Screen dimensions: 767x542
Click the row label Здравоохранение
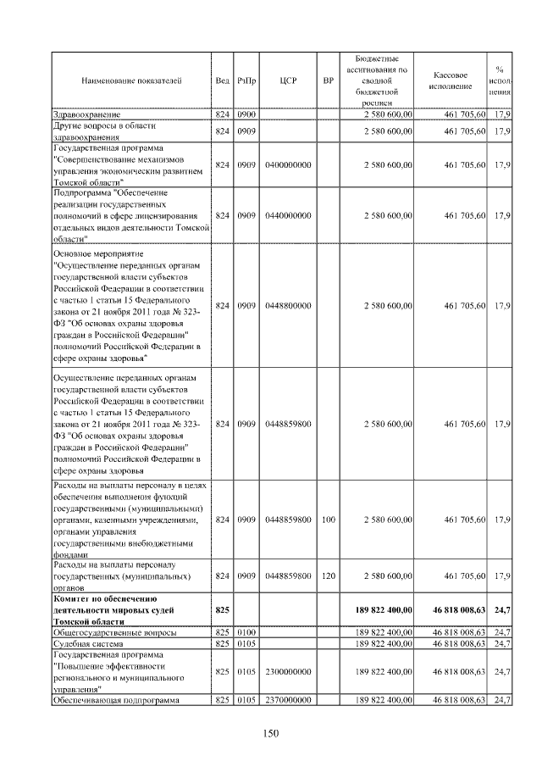point(86,114)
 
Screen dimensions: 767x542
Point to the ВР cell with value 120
point(329,576)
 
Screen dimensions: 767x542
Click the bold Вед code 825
point(222,609)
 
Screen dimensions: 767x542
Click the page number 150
point(271,733)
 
